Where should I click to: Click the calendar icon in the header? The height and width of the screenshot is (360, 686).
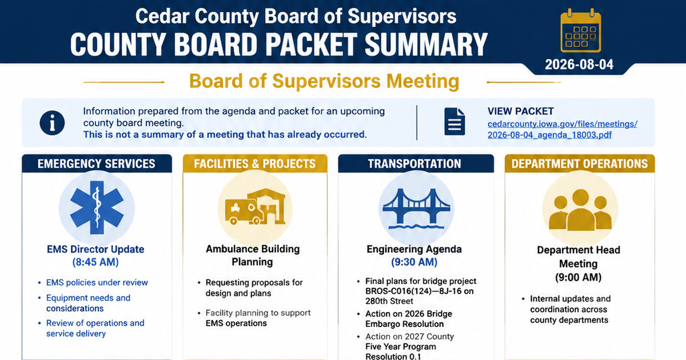[581, 31]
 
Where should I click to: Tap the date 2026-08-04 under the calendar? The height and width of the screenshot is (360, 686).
[579, 65]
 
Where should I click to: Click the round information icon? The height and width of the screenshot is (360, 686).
[52, 123]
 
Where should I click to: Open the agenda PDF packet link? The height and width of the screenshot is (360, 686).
[563, 130]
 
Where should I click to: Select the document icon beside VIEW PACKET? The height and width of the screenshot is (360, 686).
[454, 122]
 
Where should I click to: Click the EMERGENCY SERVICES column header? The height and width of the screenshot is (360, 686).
[97, 164]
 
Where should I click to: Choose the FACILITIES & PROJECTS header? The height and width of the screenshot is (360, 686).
[255, 164]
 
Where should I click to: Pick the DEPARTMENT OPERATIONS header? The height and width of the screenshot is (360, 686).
[580, 164]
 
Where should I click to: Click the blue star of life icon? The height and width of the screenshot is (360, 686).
[97, 208]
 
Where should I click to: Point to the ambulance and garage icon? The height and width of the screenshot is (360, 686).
[255, 207]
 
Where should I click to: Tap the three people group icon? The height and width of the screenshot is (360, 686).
[580, 210]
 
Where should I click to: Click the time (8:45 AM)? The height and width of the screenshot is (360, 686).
[95, 262]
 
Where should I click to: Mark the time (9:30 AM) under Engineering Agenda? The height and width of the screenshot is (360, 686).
[414, 262]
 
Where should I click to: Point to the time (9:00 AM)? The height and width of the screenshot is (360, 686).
[578, 278]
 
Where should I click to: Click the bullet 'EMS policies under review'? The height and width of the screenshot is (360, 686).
[97, 282]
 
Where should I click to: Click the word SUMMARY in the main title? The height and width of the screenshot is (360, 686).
[426, 45]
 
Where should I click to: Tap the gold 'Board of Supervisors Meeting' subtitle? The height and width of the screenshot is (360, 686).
[324, 81]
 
